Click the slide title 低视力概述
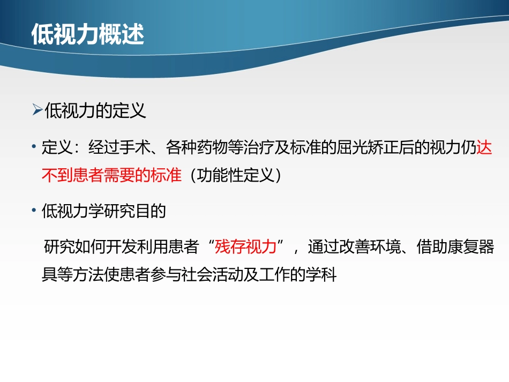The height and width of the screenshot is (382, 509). pos(88,35)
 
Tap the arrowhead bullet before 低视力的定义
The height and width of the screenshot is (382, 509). pos(37,111)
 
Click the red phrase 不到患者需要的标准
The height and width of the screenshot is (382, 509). pos(111,175)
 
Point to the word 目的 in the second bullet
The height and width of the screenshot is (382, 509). pos(152,211)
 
